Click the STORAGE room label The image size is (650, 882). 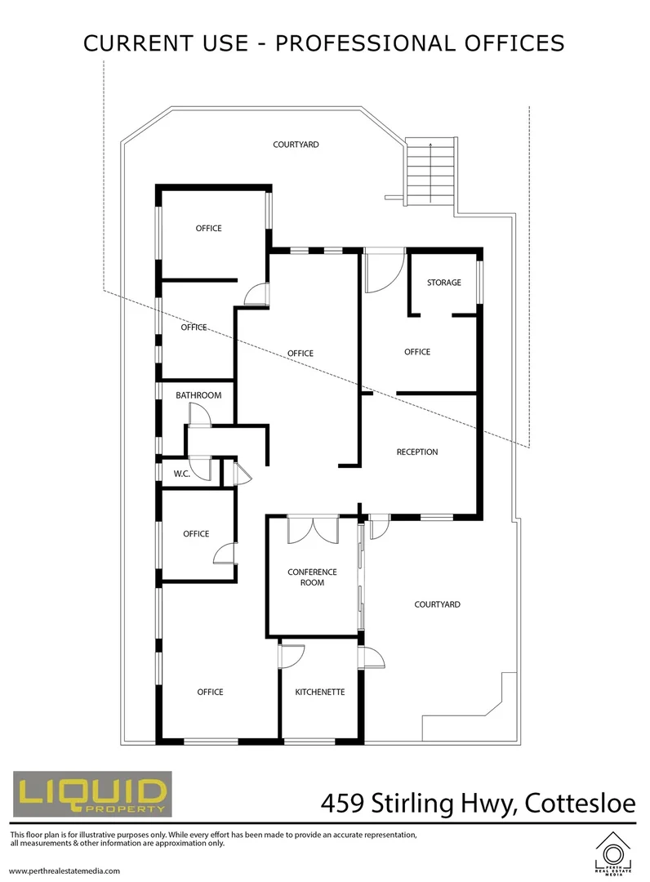tap(443, 283)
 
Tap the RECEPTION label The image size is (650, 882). tap(416, 452)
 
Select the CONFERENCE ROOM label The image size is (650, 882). tap(306, 577)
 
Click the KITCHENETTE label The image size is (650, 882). tap(319, 692)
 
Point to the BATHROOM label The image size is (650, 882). tap(198, 395)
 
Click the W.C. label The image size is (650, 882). tap(180, 474)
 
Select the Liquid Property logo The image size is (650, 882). tap(91, 795)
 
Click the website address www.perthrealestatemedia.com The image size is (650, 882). tap(65, 871)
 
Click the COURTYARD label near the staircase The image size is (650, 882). tap(296, 145)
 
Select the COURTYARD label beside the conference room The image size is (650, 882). tap(437, 604)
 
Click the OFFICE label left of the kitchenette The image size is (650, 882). tap(210, 692)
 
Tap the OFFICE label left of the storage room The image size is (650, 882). tap(416, 352)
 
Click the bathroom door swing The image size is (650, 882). tap(200, 416)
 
